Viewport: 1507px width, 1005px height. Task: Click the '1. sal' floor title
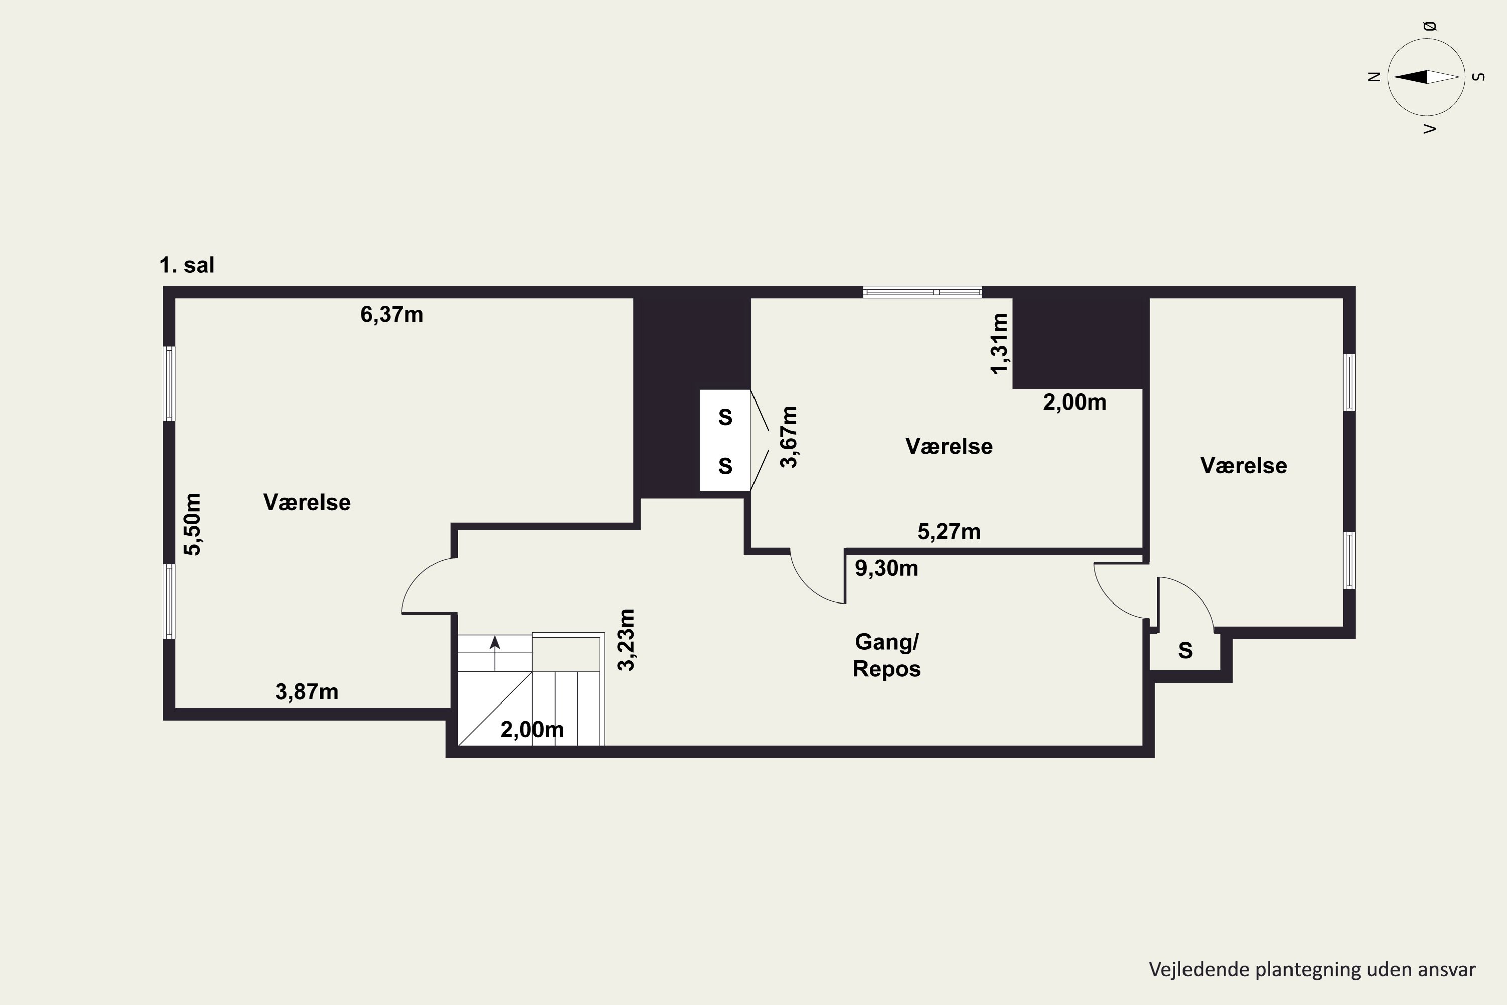click(x=187, y=265)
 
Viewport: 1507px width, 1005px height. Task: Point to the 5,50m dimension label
click(x=193, y=524)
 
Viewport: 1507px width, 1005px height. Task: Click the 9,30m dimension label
click(x=887, y=568)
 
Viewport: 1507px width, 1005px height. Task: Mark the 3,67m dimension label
click(x=789, y=437)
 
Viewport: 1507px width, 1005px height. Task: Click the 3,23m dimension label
click(x=626, y=640)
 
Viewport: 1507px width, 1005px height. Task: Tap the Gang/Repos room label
click(x=887, y=655)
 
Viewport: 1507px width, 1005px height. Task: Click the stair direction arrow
click(x=495, y=652)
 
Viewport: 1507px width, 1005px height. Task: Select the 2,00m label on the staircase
click(x=532, y=730)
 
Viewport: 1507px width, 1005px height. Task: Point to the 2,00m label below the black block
click(x=1074, y=403)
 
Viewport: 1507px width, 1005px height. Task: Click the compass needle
click(x=1426, y=77)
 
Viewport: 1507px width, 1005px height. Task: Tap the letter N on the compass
click(x=1374, y=77)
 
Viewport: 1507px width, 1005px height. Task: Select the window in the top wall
click(x=922, y=292)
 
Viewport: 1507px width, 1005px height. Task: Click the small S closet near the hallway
click(x=1186, y=651)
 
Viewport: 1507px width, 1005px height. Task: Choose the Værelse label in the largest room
click(x=307, y=502)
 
